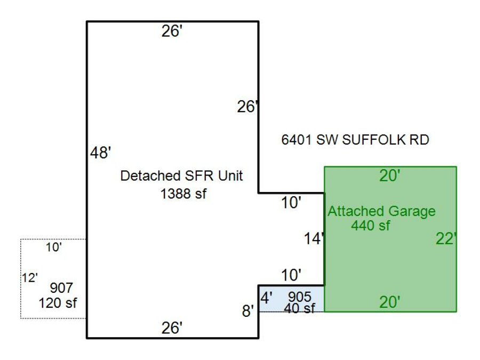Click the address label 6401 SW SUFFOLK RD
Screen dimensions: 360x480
coord(355,140)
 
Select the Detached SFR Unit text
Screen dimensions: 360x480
coord(182,176)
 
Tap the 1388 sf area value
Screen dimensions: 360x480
coord(183,194)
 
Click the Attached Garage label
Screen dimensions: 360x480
coord(381,211)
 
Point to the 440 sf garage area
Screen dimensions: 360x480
coord(370,226)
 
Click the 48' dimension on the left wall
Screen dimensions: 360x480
coord(100,154)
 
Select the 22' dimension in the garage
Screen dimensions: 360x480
coord(446,239)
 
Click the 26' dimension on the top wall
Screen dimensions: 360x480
coord(172,32)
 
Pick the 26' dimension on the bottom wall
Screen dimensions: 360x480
coord(172,328)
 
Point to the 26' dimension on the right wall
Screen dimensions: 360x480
coord(247,107)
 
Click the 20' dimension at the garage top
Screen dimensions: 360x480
coord(389,176)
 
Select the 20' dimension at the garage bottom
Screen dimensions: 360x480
coord(389,302)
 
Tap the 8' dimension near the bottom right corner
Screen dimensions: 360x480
coord(248,311)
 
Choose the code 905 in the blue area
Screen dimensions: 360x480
coord(299,297)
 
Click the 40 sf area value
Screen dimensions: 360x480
coord(300,308)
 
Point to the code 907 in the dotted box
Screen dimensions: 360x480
coord(61,288)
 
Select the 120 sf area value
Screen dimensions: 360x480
coord(58,303)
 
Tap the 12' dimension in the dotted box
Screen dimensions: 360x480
coord(30,277)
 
